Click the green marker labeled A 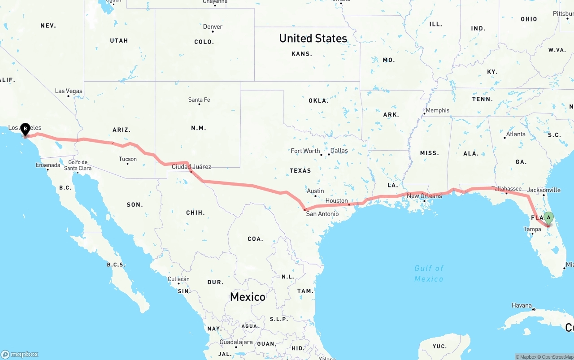[548, 218]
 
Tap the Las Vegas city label [69, 91]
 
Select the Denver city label [213, 27]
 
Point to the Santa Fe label [199, 100]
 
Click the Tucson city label [128, 159]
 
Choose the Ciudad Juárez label [191, 167]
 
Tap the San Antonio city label [322, 214]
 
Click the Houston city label [336, 200]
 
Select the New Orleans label [424, 196]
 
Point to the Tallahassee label [506, 189]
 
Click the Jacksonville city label [544, 190]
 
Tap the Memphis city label [437, 110]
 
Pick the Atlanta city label [516, 134]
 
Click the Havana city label [522, 306]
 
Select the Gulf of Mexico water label [429, 273]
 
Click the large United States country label [313, 39]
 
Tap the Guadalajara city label [235, 342]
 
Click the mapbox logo [20, 354]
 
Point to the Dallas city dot [329, 154]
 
